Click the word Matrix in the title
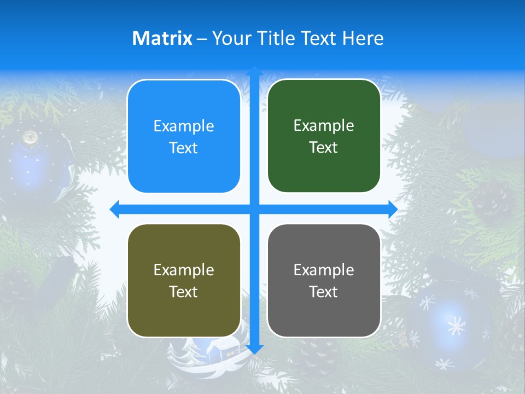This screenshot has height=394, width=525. pyautogui.click(x=162, y=38)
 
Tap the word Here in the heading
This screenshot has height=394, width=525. pyautogui.click(x=363, y=38)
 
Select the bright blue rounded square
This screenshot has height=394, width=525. pyautogui.click(x=184, y=136)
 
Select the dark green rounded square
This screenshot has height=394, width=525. pyautogui.click(x=324, y=136)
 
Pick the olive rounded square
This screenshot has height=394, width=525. pyautogui.click(x=184, y=280)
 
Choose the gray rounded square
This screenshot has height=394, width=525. pyautogui.click(x=324, y=280)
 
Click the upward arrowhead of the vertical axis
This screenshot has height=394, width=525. pyautogui.click(x=254, y=71)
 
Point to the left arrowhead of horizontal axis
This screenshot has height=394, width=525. pyautogui.click(x=114, y=209)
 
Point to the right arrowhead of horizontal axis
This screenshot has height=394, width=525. pyautogui.click(x=393, y=209)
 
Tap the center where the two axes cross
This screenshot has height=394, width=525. pyautogui.click(x=254, y=209)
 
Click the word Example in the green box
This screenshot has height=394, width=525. pyautogui.click(x=324, y=125)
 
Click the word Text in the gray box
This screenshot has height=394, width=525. pyautogui.click(x=324, y=292)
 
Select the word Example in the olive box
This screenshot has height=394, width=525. pyautogui.click(x=184, y=270)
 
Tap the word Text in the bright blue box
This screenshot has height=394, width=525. pyautogui.click(x=184, y=148)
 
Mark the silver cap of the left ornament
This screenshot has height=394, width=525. pyautogui.click(x=31, y=137)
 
